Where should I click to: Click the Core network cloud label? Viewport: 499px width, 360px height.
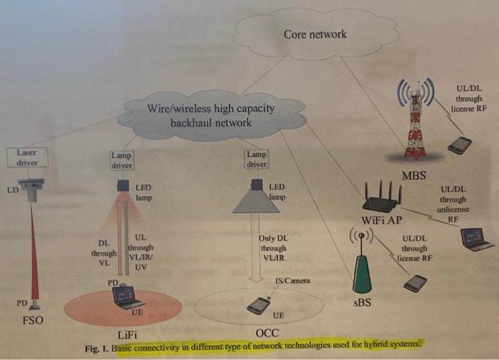314,34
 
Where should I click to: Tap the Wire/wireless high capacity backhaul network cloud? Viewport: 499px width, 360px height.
210,116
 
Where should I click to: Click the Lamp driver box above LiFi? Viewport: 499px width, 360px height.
123,160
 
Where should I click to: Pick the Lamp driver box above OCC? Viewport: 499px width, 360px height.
256,159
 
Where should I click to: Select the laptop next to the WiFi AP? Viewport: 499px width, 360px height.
477,239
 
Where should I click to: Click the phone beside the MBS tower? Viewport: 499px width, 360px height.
459,145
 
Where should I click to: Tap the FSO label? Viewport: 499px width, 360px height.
31,320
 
